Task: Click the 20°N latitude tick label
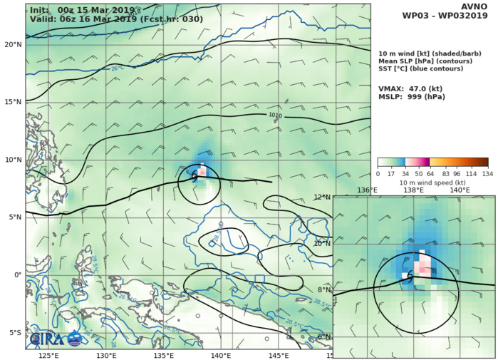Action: coord(12,44)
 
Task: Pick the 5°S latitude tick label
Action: coord(12,333)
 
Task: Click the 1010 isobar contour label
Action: coord(275,115)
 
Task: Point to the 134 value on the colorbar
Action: coord(488,173)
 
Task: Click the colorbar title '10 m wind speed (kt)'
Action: coord(433,182)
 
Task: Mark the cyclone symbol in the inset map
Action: coord(410,277)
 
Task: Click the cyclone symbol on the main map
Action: coord(194,176)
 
